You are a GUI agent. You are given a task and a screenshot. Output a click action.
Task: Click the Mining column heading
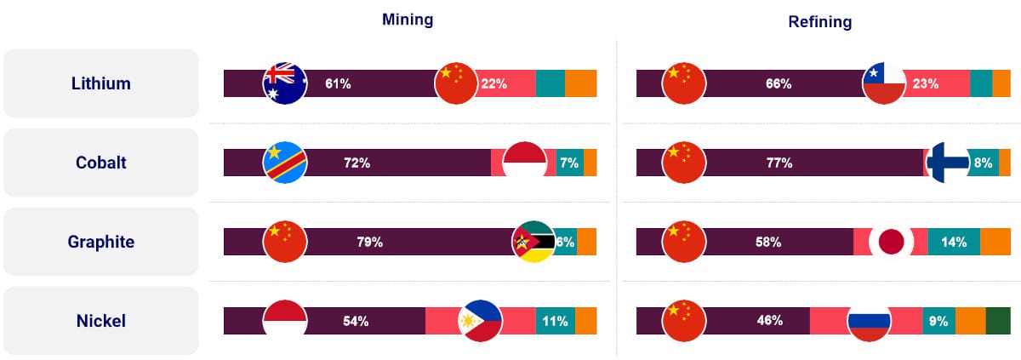(x=407, y=20)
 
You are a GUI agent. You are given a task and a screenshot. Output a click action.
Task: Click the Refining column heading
(x=820, y=22)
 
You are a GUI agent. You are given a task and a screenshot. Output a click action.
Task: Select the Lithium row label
(x=100, y=83)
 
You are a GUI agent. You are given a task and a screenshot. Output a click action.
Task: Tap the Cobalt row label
(x=100, y=163)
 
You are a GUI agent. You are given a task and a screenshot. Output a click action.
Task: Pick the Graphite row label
(x=100, y=242)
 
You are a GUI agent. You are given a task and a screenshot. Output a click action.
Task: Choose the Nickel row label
(x=100, y=321)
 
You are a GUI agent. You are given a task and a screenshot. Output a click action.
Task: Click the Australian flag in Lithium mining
(x=285, y=83)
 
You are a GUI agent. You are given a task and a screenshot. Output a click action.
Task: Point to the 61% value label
(x=338, y=83)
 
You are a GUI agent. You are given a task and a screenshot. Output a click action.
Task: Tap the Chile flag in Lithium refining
(x=884, y=83)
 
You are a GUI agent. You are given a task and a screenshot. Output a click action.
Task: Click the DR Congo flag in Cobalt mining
(x=285, y=163)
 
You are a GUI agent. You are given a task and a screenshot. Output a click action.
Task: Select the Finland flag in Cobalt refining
(x=947, y=163)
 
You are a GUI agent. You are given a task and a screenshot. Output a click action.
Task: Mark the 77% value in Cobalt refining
(x=779, y=163)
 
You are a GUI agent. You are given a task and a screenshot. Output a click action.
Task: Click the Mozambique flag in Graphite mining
(x=533, y=242)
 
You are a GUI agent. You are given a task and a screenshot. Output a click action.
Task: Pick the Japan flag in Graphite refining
(x=891, y=242)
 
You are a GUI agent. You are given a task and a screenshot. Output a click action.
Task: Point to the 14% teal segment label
(x=954, y=242)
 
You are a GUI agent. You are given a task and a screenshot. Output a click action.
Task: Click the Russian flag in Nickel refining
(x=869, y=321)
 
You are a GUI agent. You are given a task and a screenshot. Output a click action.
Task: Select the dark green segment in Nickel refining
(x=998, y=321)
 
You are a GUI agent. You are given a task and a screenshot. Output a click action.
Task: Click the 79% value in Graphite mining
(x=370, y=242)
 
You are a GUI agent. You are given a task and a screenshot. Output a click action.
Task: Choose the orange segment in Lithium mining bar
(x=580, y=83)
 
